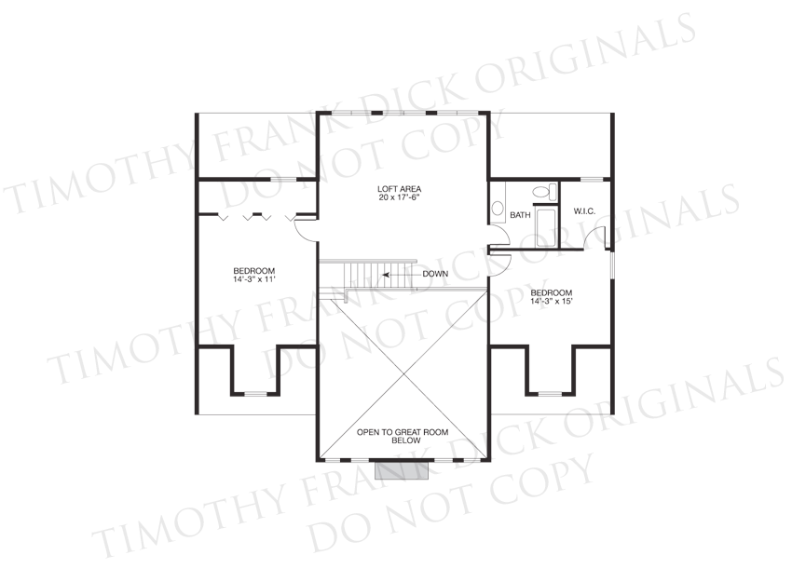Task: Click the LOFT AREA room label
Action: [399, 189]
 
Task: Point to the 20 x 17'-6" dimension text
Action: [399, 197]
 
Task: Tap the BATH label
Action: [520, 215]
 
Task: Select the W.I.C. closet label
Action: [584, 211]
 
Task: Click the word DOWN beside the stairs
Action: [435, 274]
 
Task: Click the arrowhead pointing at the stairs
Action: [386, 275]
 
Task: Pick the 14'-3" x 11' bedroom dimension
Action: [254, 278]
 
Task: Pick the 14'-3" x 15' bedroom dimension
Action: [551, 301]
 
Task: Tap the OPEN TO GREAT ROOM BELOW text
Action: [403, 436]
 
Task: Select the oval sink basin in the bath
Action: [498, 208]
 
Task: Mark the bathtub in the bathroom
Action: [545, 228]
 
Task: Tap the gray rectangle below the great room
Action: [402, 470]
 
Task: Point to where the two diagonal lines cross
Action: [403, 374]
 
